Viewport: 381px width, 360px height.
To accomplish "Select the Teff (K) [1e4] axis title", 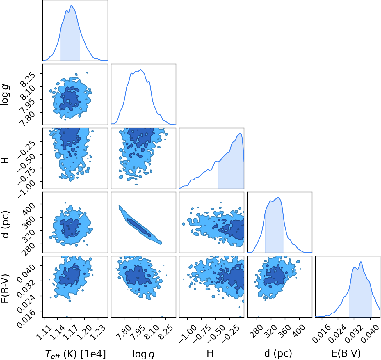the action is [75, 354].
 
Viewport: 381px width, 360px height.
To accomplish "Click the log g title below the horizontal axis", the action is [143, 354].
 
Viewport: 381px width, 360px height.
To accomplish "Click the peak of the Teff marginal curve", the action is [71, 5].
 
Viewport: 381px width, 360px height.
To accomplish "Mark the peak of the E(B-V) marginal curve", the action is [361, 262].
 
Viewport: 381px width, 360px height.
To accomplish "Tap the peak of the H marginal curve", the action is [240, 134].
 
